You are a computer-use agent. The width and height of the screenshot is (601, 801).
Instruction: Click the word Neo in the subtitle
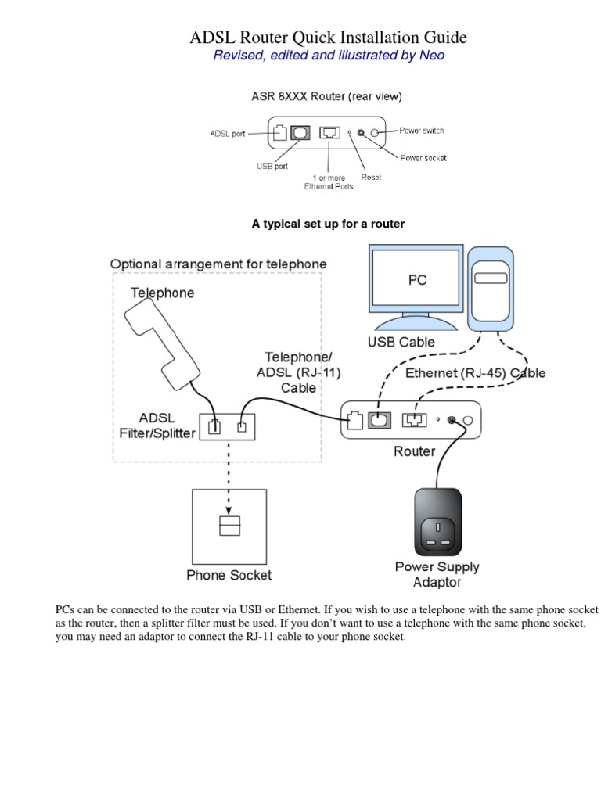tap(430, 56)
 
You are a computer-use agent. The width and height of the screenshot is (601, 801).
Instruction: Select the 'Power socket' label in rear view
tap(423, 158)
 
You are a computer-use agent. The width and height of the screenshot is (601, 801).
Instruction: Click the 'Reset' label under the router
tap(371, 178)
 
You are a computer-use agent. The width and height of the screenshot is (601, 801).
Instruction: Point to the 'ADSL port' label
tap(227, 134)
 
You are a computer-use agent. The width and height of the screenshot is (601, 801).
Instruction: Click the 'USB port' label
tap(272, 166)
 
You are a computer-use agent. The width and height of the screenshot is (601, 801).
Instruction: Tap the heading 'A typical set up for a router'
tap(328, 224)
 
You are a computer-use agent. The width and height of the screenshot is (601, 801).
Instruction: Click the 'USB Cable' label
tap(401, 342)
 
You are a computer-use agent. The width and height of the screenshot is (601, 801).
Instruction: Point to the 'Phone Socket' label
tap(229, 576)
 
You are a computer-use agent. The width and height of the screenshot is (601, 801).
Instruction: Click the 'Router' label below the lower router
tap(414, 451)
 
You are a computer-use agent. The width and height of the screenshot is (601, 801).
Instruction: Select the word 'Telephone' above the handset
tap(162, 293)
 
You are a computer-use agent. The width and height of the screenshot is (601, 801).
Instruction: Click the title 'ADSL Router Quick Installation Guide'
tap(329, 37)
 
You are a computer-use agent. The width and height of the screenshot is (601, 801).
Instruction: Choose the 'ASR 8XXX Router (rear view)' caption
tap(326, 97)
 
